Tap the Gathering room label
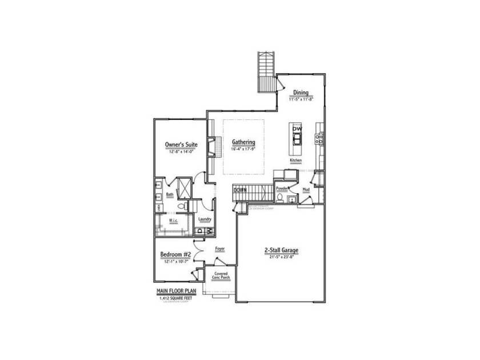pyautogui.click(x=243, y=142)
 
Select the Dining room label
pyautogui.click(x=301, y=93)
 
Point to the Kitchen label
pyautogui.click(x=295, y=161)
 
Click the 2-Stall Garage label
pyautogui.click(x=282, y=250)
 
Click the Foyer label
pyautogui.click(x=219, y=249)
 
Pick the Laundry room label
pyautogui.click(x=205, y=219)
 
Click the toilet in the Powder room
pyautogui.click(x=279, y=198)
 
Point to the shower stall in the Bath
pyautogui.click(x=185, y=187)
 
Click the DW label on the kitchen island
pyautogui.click(x=297, y=129)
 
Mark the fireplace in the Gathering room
pyautogui.click(x=211, y=147)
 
